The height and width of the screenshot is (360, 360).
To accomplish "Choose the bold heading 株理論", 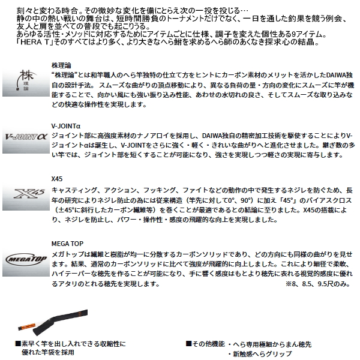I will tap(62, 62).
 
